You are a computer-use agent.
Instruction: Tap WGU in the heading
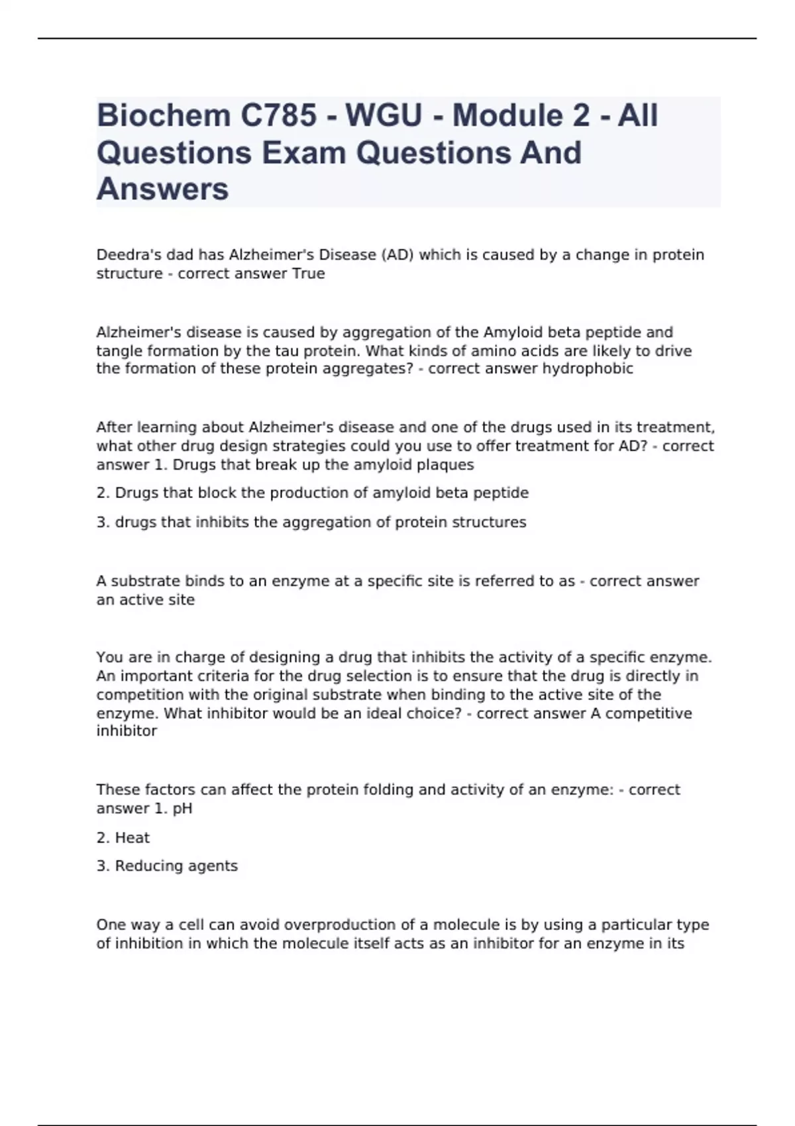click(384, 116)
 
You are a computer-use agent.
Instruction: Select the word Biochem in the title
click(163, 116)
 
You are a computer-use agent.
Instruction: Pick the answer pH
click(182, 808)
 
